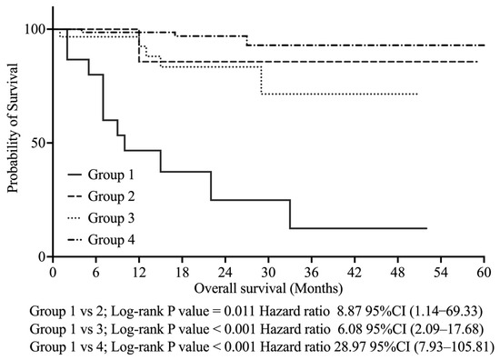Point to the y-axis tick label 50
[x=36, y=143]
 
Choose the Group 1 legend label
[x=112, y=174]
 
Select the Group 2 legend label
[x=112, y=195]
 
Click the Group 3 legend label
[x=112, y=217]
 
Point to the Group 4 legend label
[x=112, y=239]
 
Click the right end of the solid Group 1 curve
[x=425, y=228]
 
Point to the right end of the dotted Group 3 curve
[x=417, y=94]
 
